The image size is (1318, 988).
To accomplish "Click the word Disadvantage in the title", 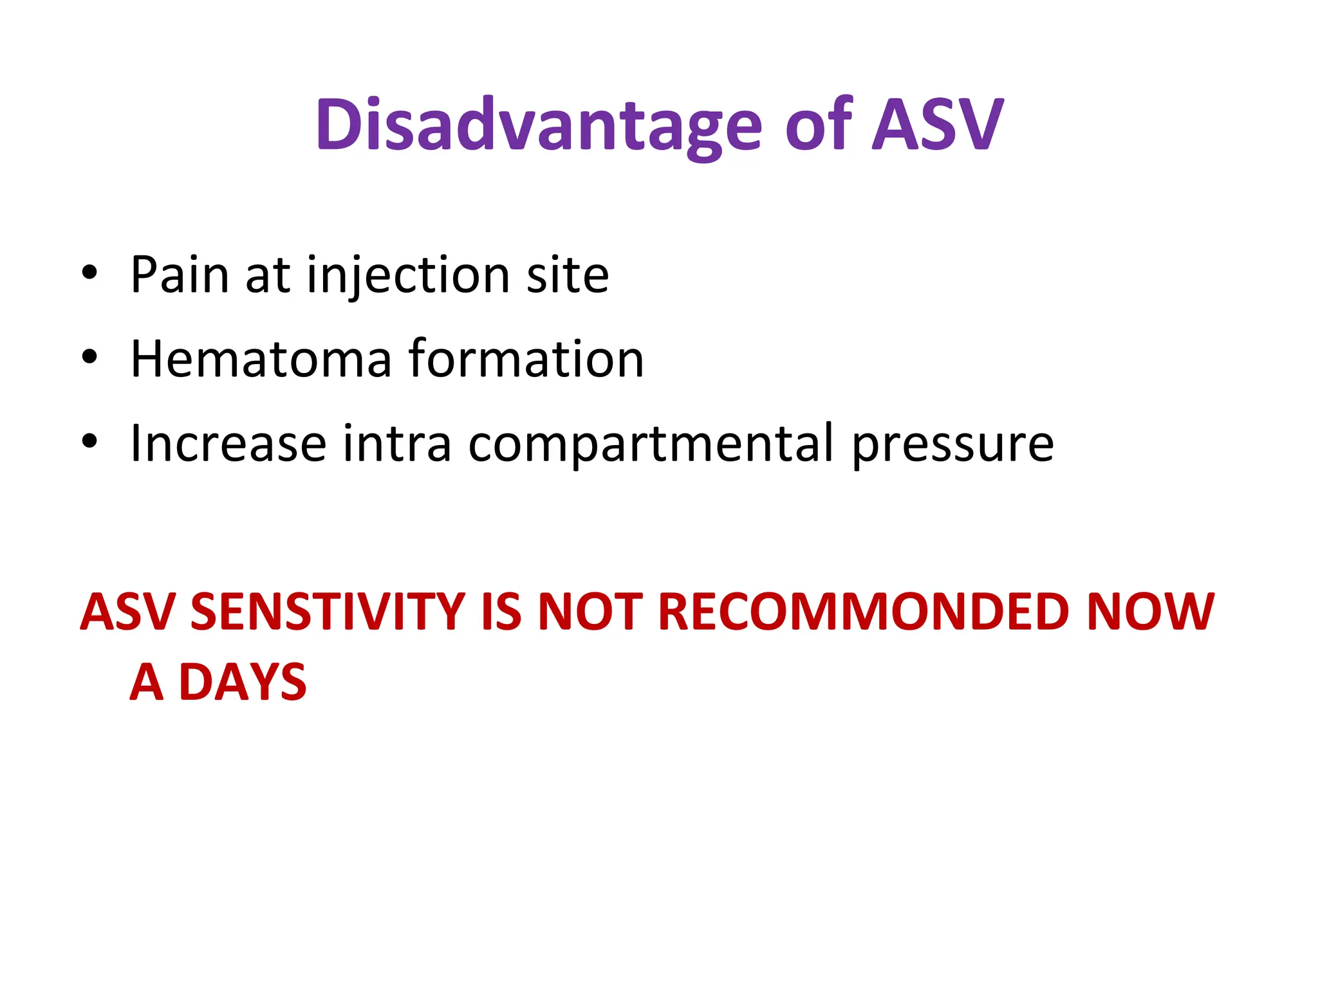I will [x=539, y=125].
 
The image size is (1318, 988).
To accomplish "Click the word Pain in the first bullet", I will [x=180, y=275].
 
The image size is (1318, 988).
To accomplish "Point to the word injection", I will [x=409, y=275].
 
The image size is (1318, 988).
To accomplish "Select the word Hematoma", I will [x=261, y=359].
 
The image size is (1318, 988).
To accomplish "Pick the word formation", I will [x=526, y=359].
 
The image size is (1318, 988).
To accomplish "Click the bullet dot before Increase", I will [x=89, y=441].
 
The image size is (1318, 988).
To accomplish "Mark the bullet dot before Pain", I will [x=89, y=272].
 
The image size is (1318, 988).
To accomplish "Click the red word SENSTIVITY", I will [x=328, y=611].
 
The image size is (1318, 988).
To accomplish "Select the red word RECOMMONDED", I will [x=864, y=611].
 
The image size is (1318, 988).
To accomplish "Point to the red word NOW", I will [x=1150, y=611].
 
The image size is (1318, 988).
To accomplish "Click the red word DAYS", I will [x=243, y=682].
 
